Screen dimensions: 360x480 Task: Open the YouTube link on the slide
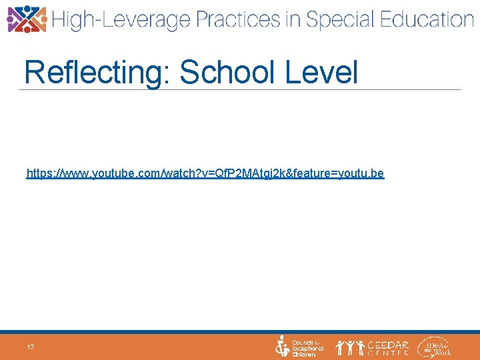205,173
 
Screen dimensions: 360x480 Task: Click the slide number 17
31,347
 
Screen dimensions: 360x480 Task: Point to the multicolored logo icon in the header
27,19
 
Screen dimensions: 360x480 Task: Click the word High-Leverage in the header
121,20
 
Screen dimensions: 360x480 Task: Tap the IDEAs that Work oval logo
434,347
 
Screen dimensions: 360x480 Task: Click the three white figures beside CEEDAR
349,347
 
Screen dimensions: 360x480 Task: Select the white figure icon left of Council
283,347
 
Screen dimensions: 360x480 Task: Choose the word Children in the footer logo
304,355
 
